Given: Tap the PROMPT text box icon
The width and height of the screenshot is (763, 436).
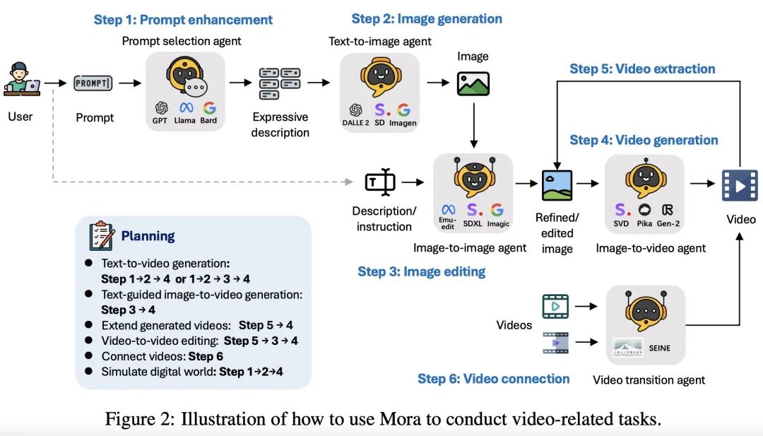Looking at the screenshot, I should click(x=93, y=83).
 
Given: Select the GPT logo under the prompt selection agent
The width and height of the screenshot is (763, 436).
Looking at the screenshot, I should click(x=162, y=108).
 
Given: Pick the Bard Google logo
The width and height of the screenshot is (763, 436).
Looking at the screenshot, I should click(x=208, y=108).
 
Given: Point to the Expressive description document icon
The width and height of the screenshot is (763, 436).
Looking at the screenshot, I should click(x=280, y=83).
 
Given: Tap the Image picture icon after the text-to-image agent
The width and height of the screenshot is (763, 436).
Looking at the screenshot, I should click(x=473, y=83).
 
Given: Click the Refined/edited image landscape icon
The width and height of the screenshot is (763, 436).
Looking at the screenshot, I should click(x=557, y=185).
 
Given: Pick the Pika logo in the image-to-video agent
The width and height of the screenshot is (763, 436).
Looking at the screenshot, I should click(x=644, y=210).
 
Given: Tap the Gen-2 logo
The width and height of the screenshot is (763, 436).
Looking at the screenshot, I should click(x=667, y=210).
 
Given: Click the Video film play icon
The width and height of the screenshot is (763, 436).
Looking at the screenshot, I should click(x=739, y=185).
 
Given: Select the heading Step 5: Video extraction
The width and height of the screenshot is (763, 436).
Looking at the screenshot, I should click(x=642, y=69).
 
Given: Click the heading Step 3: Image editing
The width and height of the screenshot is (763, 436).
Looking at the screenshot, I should click(x=421, y=271).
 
